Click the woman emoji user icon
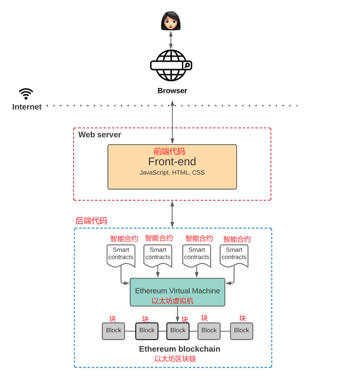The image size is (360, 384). (x=171, y=21)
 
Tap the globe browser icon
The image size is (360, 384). (x=171, y=65)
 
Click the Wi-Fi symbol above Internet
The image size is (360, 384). (x=26, y=94)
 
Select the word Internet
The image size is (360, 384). (x=27, y=107)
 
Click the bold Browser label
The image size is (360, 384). (x=172, y=91)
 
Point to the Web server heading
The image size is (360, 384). (x=100, y=135)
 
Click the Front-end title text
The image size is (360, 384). (x=172, y=162)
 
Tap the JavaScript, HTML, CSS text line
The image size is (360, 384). (x=172, y=173)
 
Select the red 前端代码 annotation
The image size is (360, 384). (x=169, y=151)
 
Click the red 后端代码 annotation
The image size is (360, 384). (x=91, y=221)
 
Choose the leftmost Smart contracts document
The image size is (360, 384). (x=121, y=255)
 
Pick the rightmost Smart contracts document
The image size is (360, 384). (x=234, y=255)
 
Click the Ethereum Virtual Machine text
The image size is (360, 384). (x=177, y=291)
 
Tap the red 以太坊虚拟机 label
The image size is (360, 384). (x=172, y=301)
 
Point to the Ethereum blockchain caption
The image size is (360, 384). (x=180, y=349)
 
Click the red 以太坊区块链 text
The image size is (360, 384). (x=175, y=359)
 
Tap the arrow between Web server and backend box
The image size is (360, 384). (x=172, y=214)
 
